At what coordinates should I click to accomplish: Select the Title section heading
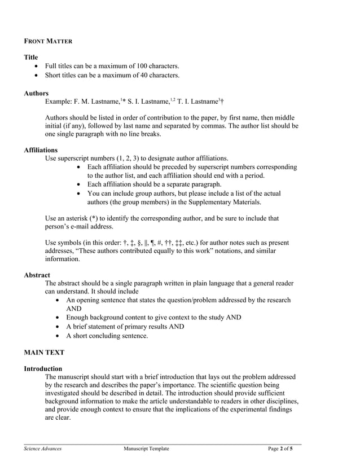click(32, 58)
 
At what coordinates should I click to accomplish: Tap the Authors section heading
click(36, 93)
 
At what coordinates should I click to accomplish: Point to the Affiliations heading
click(41, 150)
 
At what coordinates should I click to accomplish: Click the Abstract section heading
click(37, 275)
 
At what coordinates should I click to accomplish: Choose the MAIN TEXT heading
click(43, 353)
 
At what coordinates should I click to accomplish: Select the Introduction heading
click(43, 368)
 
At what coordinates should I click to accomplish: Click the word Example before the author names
click(58, 102)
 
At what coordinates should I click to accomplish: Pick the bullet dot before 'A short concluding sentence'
click(59, 336)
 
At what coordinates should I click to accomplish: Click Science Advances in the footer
click(42, 449)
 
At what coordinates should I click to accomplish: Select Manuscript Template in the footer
click(146, 449)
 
